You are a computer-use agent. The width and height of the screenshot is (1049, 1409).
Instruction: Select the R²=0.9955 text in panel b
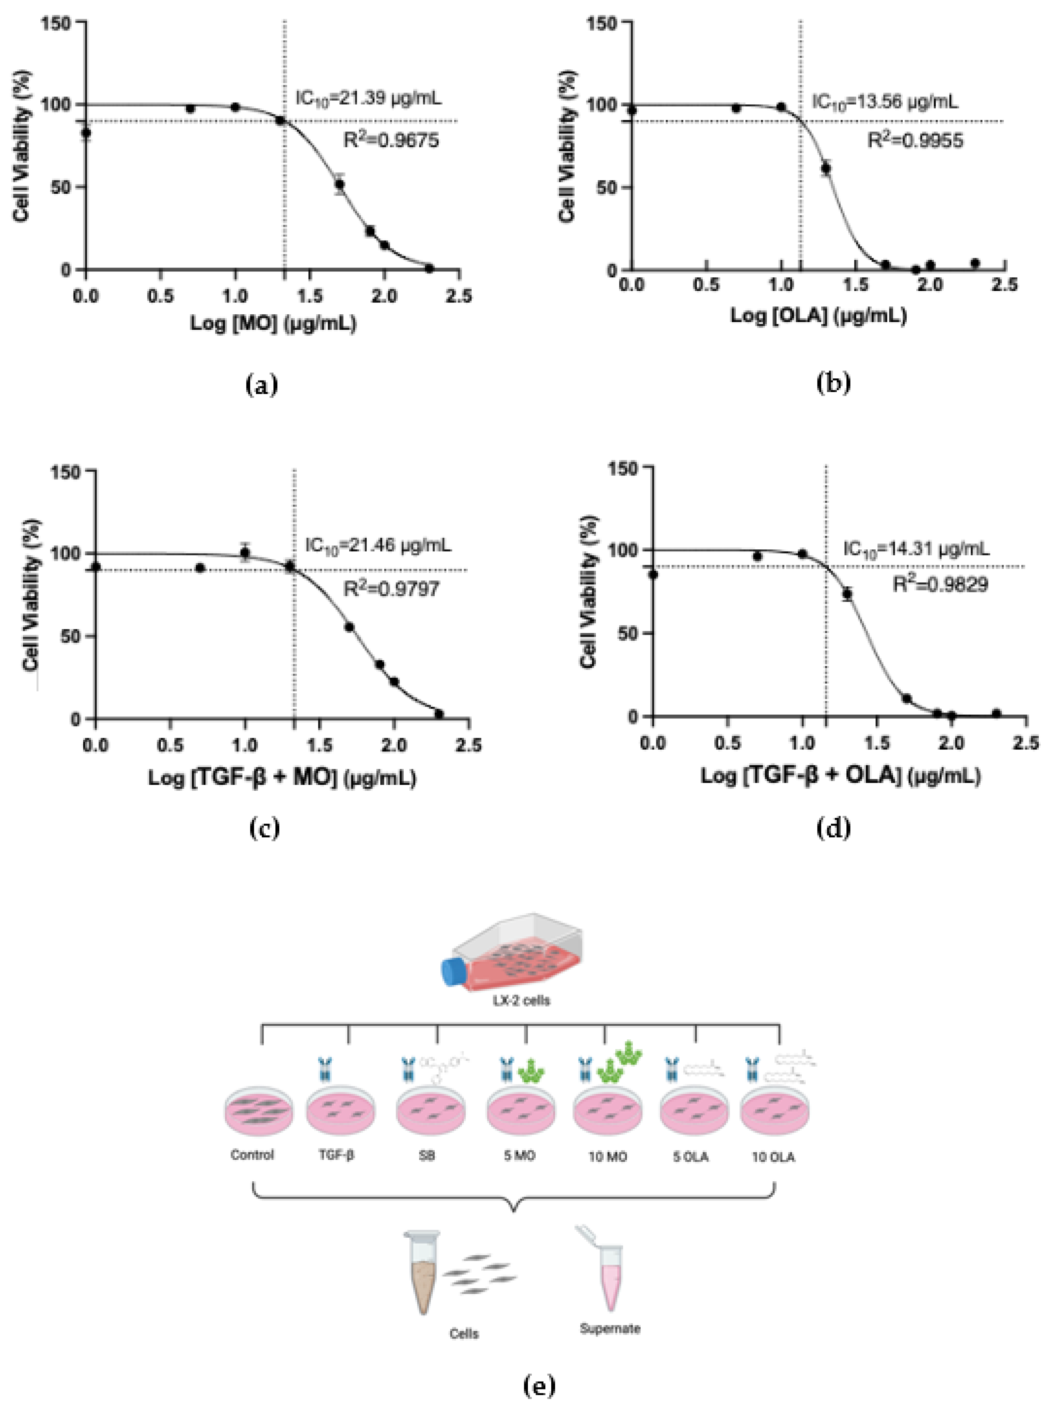[915, 141]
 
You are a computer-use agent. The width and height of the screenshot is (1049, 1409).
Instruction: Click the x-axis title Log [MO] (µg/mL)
[273, 324]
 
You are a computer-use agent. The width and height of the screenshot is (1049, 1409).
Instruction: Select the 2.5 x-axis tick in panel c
[469, 745]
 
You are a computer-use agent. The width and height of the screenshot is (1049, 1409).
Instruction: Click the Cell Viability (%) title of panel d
[589, 591]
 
